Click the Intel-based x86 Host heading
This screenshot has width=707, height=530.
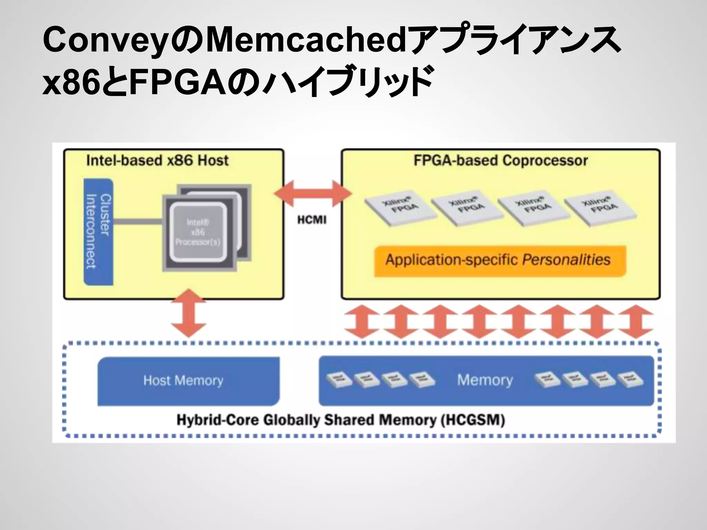pyautogui.click(x=157, y=160)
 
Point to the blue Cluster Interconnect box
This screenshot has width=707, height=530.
pyautogui.click(x=98, y=232)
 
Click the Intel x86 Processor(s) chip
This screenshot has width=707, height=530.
pyautogui.click(x=199, y=232)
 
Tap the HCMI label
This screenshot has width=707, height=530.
pyautogui.click(x=312, y=220)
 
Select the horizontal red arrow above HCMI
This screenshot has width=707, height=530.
pyautogui.click(x=313, y=194)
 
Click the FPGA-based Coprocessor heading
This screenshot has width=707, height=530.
pyautogui.click(x=501, y=160)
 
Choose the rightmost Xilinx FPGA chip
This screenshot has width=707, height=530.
pyautogui.click(x=601, y=207)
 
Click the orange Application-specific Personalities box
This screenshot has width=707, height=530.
pyautogui.click(x=500, y=261)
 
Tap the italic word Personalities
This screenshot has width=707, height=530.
pyautogui.click(x=566, y=259)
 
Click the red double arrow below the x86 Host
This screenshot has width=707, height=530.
pyautogui.click(x=189, y=313)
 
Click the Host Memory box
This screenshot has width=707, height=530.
pyautogui.click(x=188, y=381)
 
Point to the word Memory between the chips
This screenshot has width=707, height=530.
pyautogui.click(x=485, y=380)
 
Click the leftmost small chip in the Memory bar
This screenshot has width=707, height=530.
pyautogui.click(x=339, y=380)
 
